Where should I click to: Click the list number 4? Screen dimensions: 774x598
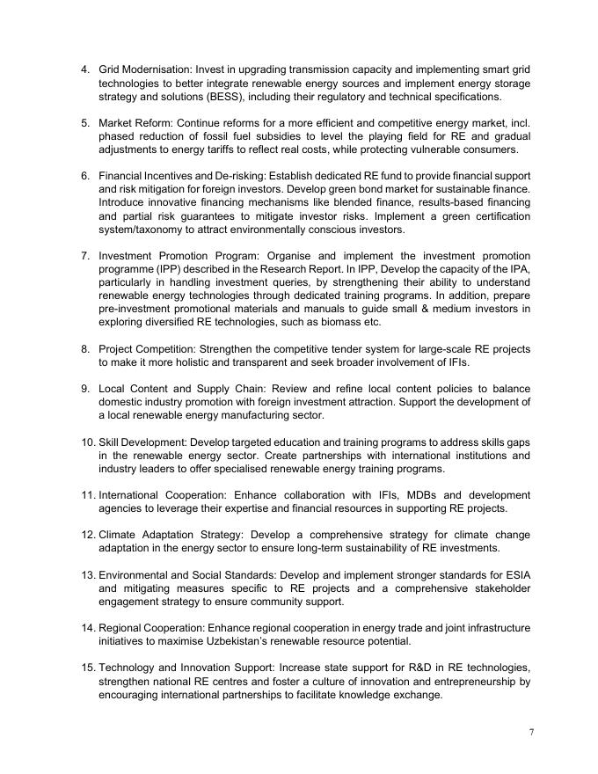[84, 69]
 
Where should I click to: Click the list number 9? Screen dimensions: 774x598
[84, 389]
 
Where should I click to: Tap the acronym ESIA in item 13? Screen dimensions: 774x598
[516, 575]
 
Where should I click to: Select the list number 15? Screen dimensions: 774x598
[87, 668]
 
